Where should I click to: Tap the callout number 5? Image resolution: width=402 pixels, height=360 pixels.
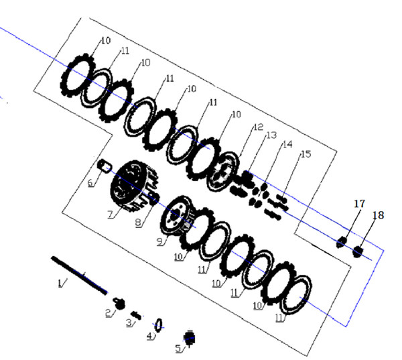point(178,348)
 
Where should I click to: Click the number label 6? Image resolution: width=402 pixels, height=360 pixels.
point(90,182)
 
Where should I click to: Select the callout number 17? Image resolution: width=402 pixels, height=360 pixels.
point(359,202)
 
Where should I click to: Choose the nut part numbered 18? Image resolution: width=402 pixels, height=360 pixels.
point(358,251)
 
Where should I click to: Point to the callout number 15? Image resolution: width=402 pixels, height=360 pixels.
point(306,155)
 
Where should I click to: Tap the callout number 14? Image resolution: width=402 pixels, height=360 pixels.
point(287,145)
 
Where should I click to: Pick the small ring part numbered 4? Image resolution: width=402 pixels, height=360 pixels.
point(159,325)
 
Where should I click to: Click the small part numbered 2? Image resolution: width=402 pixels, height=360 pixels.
point(121,303)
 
